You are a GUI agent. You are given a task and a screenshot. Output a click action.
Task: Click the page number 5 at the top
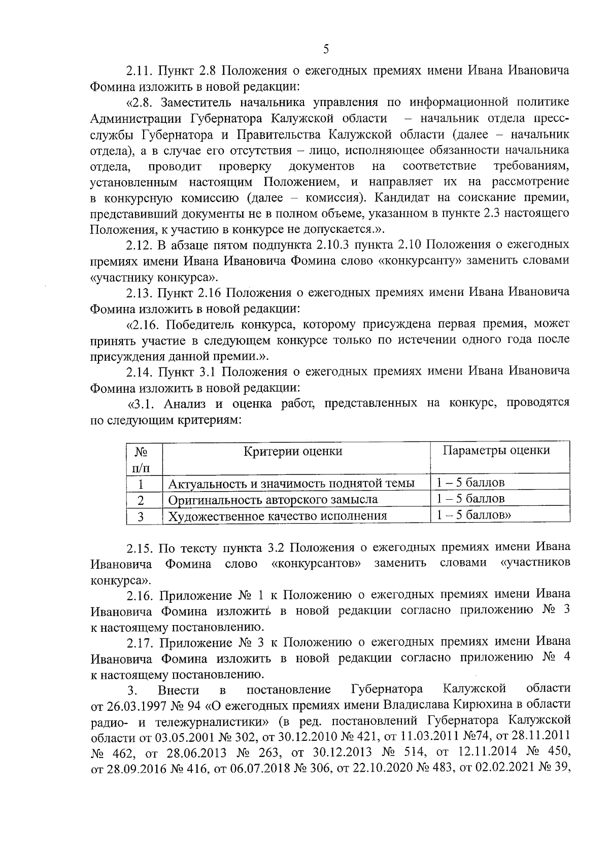pyautogui.click(x=326, y=49)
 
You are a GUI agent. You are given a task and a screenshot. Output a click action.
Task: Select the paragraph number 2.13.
pyautogui.click(x=139, y=293)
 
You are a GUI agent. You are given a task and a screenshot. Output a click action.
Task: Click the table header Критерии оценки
pyautogui.click(x=293, y=451)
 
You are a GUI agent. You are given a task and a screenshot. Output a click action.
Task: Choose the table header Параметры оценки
pyautogui.click(x=496, y=450)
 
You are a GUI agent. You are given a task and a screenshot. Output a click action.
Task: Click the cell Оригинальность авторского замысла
pyautogui.click(x=273, y=499)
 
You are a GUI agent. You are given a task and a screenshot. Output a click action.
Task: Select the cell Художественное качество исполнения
pyautogui.click(x=278, y=516)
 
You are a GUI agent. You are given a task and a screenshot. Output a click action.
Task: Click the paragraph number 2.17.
pyautogui.click(x=140, y=643)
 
